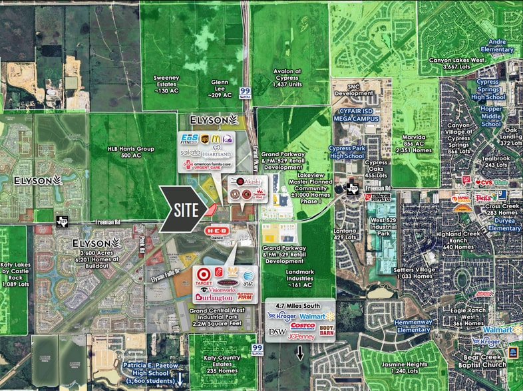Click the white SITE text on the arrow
[187, 209]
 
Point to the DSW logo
[277, 331]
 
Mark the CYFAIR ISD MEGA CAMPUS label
[357, 117]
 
